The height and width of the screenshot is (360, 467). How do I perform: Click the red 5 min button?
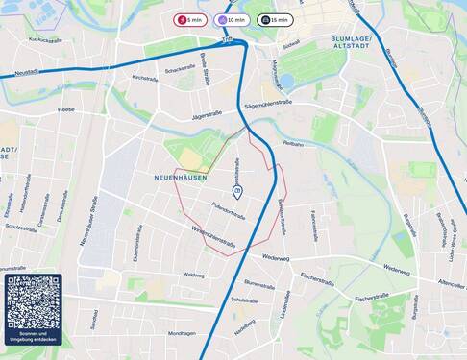[189, 19]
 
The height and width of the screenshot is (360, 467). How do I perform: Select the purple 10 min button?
[232, 19]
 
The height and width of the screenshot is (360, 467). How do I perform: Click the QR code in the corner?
[33, 302]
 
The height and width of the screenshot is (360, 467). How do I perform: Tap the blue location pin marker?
[237, 192]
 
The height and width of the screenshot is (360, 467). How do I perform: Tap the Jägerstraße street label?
[207, 113]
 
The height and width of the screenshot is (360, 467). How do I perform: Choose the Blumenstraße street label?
[259, 284]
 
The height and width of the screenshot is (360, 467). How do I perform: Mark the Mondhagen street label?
[182, 333]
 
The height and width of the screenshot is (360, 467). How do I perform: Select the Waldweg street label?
[193, 275]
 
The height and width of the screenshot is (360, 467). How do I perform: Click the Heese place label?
[65, 109]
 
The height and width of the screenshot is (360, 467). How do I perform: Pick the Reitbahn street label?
[293, 143]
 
